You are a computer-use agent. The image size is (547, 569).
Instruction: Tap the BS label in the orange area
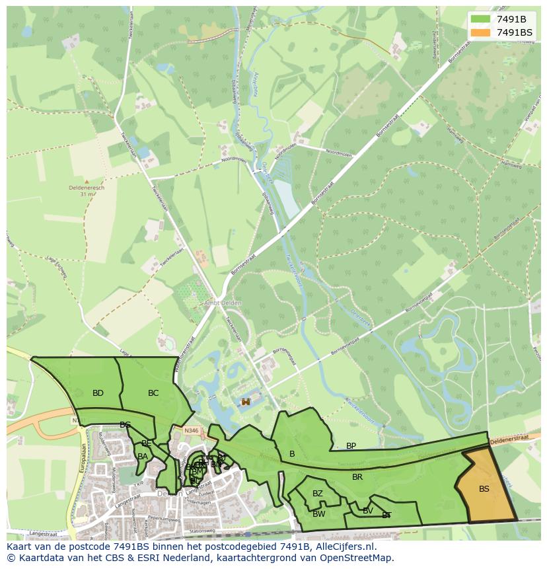(484, 489)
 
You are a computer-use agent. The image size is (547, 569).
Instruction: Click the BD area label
(98, 393)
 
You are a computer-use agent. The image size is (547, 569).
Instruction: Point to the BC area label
(153, 393)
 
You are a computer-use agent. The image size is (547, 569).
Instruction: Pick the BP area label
(351, 446)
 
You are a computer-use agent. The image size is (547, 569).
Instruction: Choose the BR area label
(357, 477)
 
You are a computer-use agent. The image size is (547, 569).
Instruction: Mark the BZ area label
(318, 494)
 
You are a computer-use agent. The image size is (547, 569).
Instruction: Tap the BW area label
(319, 514)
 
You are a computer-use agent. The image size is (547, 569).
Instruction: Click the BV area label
(368, 511)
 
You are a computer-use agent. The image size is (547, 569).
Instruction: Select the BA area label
(143, 456)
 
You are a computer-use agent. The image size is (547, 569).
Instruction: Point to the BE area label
(147, 443)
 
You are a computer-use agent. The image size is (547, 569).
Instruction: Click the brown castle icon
(246, 401)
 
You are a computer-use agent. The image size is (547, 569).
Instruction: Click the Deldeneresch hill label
(87, 187)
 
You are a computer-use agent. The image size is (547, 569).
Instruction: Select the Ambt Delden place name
(223, 303)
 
